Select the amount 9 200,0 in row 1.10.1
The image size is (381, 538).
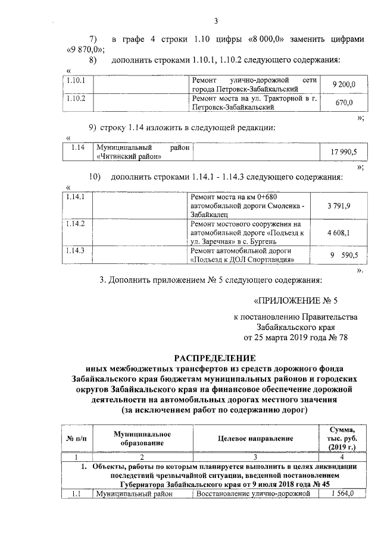[x=343, y=84]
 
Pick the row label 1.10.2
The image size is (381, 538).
[x=76, y=98]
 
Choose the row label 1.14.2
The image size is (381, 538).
[x=76, y=224]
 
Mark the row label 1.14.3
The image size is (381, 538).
[x=76, y=251]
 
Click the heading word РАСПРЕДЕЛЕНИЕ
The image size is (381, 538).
[x=214, y=358]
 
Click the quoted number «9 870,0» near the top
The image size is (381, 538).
[x=85, y=49]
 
